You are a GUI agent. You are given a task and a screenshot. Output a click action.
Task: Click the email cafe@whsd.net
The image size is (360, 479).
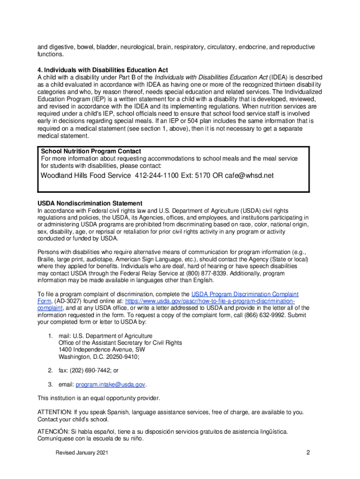[249, 175]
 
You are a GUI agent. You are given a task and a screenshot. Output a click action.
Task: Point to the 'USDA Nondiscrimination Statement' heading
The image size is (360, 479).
[90, 203]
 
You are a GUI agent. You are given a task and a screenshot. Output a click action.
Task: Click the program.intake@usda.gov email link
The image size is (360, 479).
[110, 385]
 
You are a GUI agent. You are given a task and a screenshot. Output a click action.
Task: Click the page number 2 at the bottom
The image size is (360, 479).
[308, 452]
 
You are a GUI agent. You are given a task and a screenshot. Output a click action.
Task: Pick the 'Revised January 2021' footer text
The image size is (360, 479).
[82, 454]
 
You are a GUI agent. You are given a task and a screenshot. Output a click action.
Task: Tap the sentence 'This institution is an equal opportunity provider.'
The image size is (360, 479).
[98, 399]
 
